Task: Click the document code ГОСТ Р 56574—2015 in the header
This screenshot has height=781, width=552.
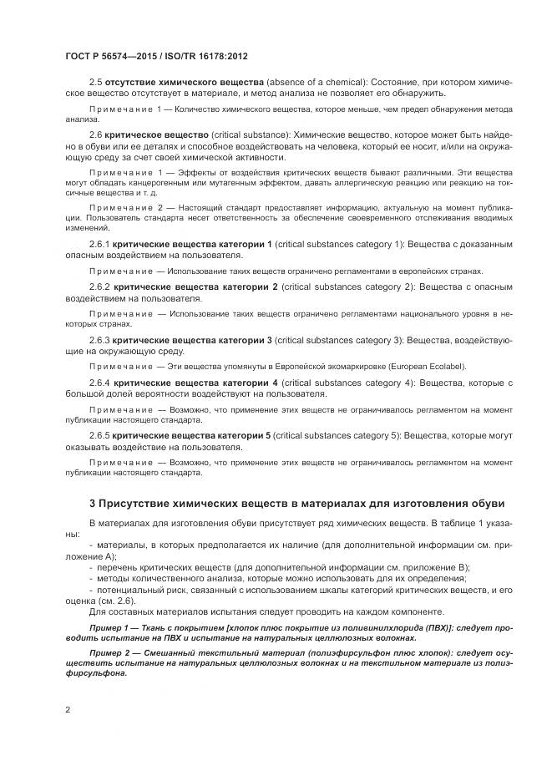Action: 110,57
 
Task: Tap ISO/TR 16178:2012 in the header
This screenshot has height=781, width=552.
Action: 206,57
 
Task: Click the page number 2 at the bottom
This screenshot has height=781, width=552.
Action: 67,709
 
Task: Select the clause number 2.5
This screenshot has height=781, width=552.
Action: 95,82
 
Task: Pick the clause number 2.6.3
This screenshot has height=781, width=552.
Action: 100,340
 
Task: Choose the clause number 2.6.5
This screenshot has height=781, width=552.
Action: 100,437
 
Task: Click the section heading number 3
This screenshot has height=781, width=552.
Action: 92,503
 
